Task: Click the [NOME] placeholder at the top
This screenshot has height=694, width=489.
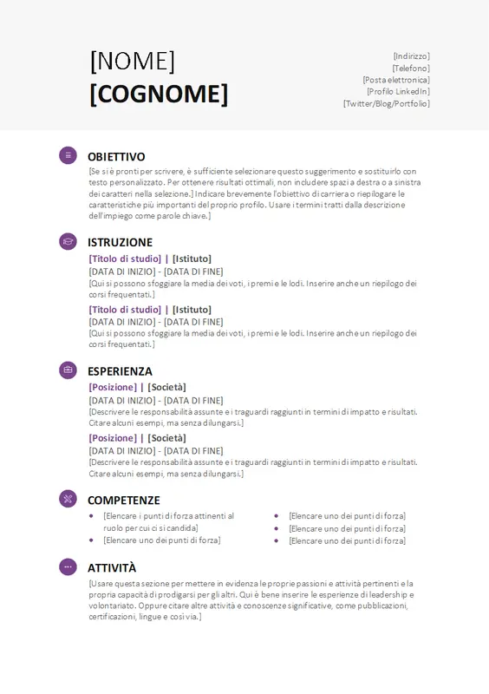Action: click(133, 61)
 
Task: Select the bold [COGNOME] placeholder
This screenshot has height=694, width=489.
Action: click(159, 94)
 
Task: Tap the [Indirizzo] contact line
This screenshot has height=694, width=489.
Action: click(411, 56)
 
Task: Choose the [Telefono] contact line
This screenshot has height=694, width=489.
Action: click(410, 68)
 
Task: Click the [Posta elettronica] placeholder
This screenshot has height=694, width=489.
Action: click(395, 80)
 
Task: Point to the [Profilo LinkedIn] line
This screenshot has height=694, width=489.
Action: click(397, 91)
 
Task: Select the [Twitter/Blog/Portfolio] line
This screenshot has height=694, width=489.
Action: click(386, 103)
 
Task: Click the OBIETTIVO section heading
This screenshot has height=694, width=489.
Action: click(116, 157)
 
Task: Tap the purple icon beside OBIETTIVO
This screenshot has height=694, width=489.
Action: click(68, 155)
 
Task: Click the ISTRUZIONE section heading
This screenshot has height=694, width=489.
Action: click(120, 243)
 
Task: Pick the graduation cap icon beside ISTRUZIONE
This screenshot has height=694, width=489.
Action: click(68, 241)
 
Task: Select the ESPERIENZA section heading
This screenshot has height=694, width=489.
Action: click(120, 371)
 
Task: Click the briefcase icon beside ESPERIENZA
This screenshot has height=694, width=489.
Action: click(68, 370)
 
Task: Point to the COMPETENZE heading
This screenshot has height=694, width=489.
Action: click(124, 501)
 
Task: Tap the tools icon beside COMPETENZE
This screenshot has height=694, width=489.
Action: click(68, 499)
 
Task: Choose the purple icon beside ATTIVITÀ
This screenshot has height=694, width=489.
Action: click(68, 566)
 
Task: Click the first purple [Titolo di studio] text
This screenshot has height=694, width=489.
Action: click(125, 259)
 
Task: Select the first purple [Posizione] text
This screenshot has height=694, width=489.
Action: click(113, 388)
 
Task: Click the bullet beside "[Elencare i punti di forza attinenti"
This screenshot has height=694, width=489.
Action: click(92, 515)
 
